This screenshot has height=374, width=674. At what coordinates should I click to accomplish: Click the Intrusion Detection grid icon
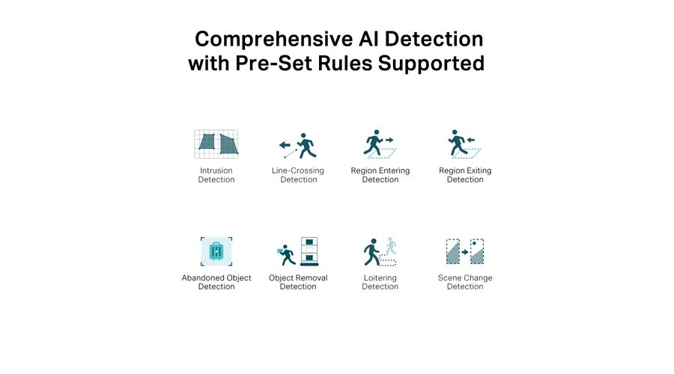[216, 144]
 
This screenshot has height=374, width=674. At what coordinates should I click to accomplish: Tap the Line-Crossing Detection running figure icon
[306, 146]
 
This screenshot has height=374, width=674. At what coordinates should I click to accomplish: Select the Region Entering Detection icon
[380, 144]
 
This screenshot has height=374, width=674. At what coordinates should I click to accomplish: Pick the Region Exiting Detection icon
[464, 144]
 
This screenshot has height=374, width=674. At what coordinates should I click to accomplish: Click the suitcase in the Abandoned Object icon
[216, 251]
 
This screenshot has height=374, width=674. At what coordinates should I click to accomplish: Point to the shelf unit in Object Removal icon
[309, 251]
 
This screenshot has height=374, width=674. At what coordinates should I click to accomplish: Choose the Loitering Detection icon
[380, 251]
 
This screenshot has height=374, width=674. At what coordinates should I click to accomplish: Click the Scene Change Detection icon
[465, 251]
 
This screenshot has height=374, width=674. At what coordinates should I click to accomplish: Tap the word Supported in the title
[431, 64]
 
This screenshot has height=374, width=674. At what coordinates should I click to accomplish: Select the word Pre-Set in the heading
[274, 63]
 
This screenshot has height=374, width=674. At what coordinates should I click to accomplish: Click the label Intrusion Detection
[216, 175]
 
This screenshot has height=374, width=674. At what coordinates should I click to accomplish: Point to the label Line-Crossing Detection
[298, 175]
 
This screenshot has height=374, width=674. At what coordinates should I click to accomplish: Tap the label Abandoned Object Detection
[216, 282]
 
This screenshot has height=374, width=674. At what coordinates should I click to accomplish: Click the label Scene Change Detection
[465, 282]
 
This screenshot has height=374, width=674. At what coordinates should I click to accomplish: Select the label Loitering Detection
[380, 282]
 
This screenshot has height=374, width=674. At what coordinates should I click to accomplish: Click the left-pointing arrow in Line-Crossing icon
[285, 145]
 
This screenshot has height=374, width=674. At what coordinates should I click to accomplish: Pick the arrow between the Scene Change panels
[465, 252]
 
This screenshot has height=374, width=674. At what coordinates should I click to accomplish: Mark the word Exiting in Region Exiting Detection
[477, 171]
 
